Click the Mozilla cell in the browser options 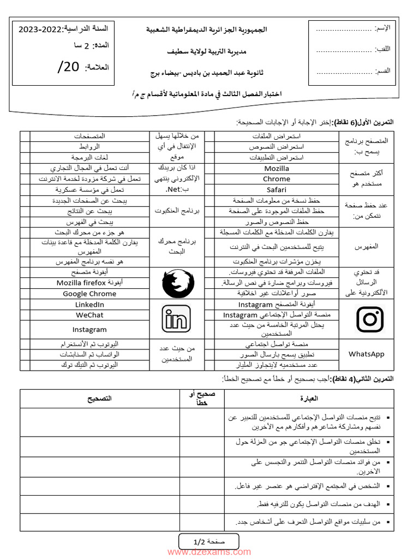click(x=276, y=169)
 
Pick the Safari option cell click(x=276, y=189)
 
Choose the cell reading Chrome click(x=276, y=179)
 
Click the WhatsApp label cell click(x=366, y=354)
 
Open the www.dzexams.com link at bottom click(x=209, y=552)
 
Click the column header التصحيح click(x=99, y=399)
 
